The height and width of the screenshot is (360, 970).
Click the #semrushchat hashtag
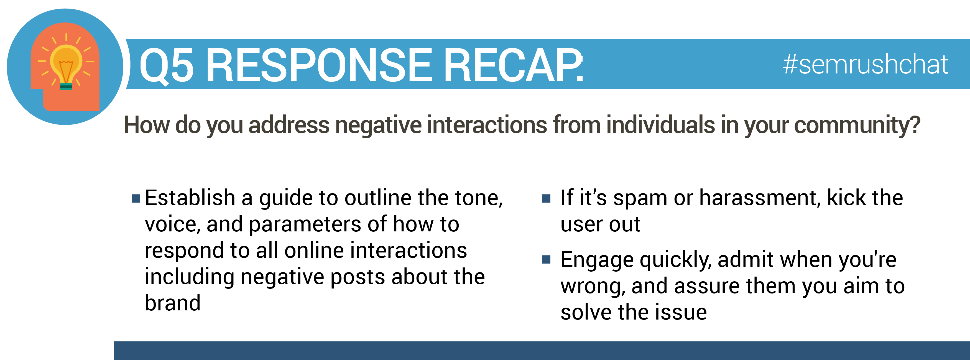pyautogui.click(x=865, y=64)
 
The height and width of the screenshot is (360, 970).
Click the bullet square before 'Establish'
pyautogui.click(x=136, y=198)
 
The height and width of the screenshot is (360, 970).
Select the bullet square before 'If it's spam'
pyautogui.click(x=546, y=198)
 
